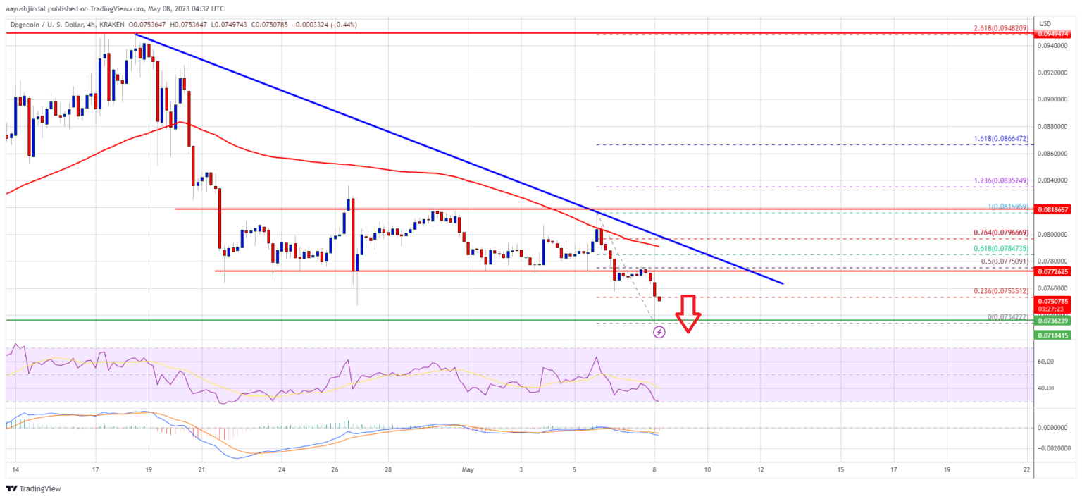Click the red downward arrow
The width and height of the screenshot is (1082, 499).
(688, 313)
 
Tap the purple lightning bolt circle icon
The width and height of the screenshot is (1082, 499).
(659, 331)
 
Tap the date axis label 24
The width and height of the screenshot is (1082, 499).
(281, 469)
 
